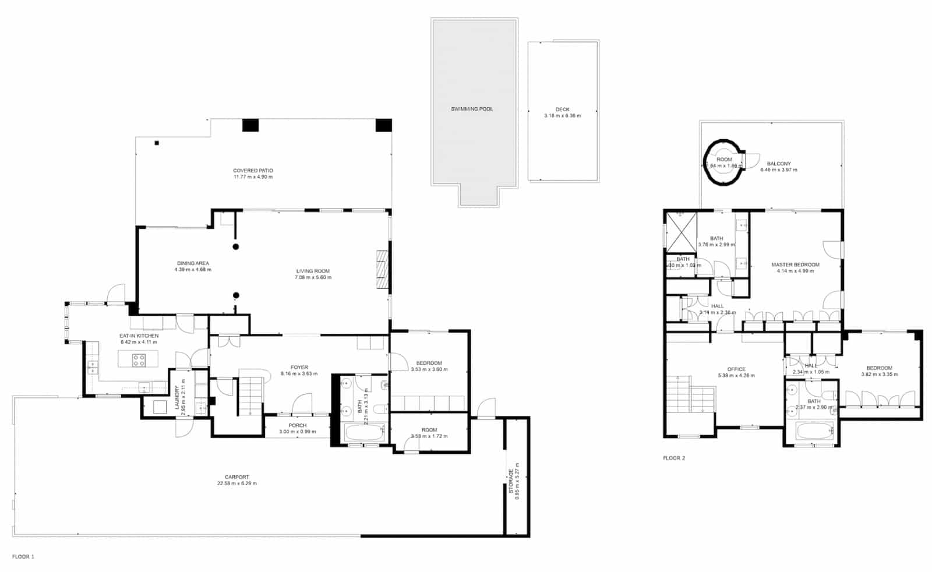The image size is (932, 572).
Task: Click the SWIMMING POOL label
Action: (x=471, y=109)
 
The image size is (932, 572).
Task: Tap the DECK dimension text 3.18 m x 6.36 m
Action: (x=562, y=116)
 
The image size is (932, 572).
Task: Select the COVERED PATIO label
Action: (x=253, y=171)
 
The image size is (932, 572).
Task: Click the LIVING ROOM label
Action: (x=313, y=271)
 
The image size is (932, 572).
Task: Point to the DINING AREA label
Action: (x=193, y=263)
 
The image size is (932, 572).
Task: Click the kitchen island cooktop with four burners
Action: (x=139, y=360)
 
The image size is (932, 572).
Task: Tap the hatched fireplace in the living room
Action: (x=382, y=269)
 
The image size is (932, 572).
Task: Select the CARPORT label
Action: (x=236, y=477)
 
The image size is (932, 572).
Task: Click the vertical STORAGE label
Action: (x=511, y=481)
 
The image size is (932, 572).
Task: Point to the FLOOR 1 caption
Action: (x=23, y=557)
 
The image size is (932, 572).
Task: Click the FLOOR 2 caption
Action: (x=674, y=458)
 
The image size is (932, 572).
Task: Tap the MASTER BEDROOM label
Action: (x=795, y=264)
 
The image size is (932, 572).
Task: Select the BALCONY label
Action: (x=778, y=164)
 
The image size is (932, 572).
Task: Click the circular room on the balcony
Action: (x=724, y=163)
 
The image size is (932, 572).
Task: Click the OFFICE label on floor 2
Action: (x=736, y=369)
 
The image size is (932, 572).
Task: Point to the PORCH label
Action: (x=297, y=426)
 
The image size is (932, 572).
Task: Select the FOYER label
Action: (x=299, y=368)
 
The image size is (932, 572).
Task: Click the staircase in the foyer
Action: (x=252, y=396)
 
